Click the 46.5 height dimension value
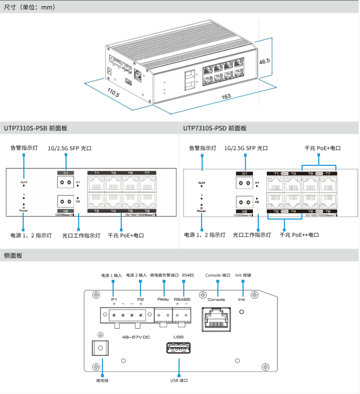(x=264, y=61)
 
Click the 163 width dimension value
(x=226, y=96)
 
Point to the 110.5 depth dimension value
(x=114, y=93)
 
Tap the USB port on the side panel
(x=178, y=350)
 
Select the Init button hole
(x=242, y=312)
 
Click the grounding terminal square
(x=100, y=349)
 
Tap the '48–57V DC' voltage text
(x=136, y=337)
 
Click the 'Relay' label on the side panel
(x=163, y=300)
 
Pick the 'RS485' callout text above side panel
(x=188, y=275)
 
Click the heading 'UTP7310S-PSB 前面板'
(x=36, y=128)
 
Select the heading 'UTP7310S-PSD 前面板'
(x=215, y=128)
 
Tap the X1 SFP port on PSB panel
(x=66, y=182)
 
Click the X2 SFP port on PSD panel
(x=245, y=203)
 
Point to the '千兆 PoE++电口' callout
(x=299, y=235)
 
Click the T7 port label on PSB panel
(x=147, y=173)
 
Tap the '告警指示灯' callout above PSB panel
(x=24, y=148)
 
